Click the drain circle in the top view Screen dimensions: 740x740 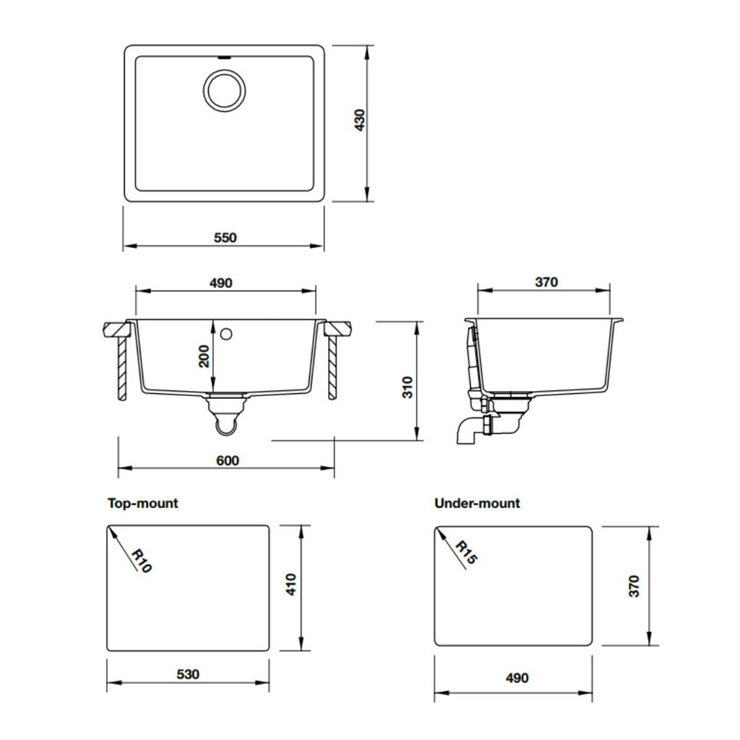[224, 91]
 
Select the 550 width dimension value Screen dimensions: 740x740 [225, 238]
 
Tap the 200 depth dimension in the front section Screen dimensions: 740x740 [205, 356]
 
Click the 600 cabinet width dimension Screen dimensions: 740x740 [227, 460]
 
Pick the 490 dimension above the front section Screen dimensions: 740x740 [221, 283]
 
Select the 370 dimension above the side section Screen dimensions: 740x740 [546, 283]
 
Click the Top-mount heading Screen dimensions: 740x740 [142, 503]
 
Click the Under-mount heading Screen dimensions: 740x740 [477, 503]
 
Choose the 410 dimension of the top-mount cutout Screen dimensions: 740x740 [291, 584]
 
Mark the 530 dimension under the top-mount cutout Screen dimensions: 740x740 [188, 674]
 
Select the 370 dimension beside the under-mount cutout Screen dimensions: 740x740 [634, 586]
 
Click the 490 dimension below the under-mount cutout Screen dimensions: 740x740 [517, 678]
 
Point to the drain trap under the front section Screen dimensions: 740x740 [226, 419]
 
